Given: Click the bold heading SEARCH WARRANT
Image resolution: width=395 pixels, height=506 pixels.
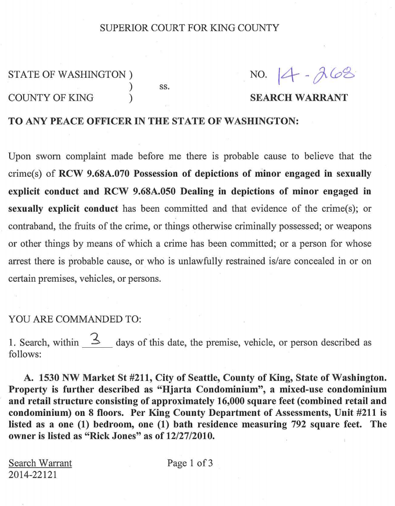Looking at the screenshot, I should pos(299,98).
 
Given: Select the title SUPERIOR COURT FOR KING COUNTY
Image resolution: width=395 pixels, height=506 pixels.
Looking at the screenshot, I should pos(189,28).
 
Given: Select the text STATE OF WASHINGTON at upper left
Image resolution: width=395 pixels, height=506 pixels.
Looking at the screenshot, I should pos(66,75).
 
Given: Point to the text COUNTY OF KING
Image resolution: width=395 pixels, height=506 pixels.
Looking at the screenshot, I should pos(50,98).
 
